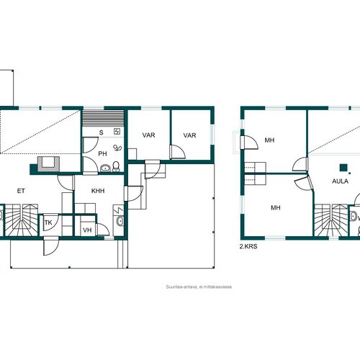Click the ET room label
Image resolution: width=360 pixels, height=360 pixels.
[x=21, y=191]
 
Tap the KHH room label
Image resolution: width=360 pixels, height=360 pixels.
[x=98, y=191]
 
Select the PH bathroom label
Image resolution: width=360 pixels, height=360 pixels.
[x=102, y=153]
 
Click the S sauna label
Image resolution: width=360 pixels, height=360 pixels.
[x=102, y=132]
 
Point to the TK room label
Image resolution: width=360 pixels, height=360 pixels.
[x=48, y=222]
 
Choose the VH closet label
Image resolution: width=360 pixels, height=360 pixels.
[x=87, y=230]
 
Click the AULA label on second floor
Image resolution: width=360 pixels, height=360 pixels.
[x=340, y=181]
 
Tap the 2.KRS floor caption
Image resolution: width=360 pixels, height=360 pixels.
[x=248, y=246]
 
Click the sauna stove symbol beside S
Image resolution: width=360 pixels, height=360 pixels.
[x=117, y=131]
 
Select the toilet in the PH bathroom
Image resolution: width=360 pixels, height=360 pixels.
[x=116, y=166]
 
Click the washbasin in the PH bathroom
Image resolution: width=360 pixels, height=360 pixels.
[x=105, y=168]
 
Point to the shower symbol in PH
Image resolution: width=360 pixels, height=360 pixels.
[x=117, y=148]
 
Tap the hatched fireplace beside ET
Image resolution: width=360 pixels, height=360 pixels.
[x=48, y=164]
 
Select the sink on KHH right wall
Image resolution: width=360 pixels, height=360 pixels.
[x=120, y=221]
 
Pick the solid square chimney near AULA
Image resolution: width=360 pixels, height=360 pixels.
[x=343, y=168]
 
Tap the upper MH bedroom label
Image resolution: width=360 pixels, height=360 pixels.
[x=269, y=140]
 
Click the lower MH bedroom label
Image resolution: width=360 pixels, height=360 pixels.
[x=276, y=207]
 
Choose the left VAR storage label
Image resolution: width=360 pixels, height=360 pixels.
[x=148, y=135]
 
